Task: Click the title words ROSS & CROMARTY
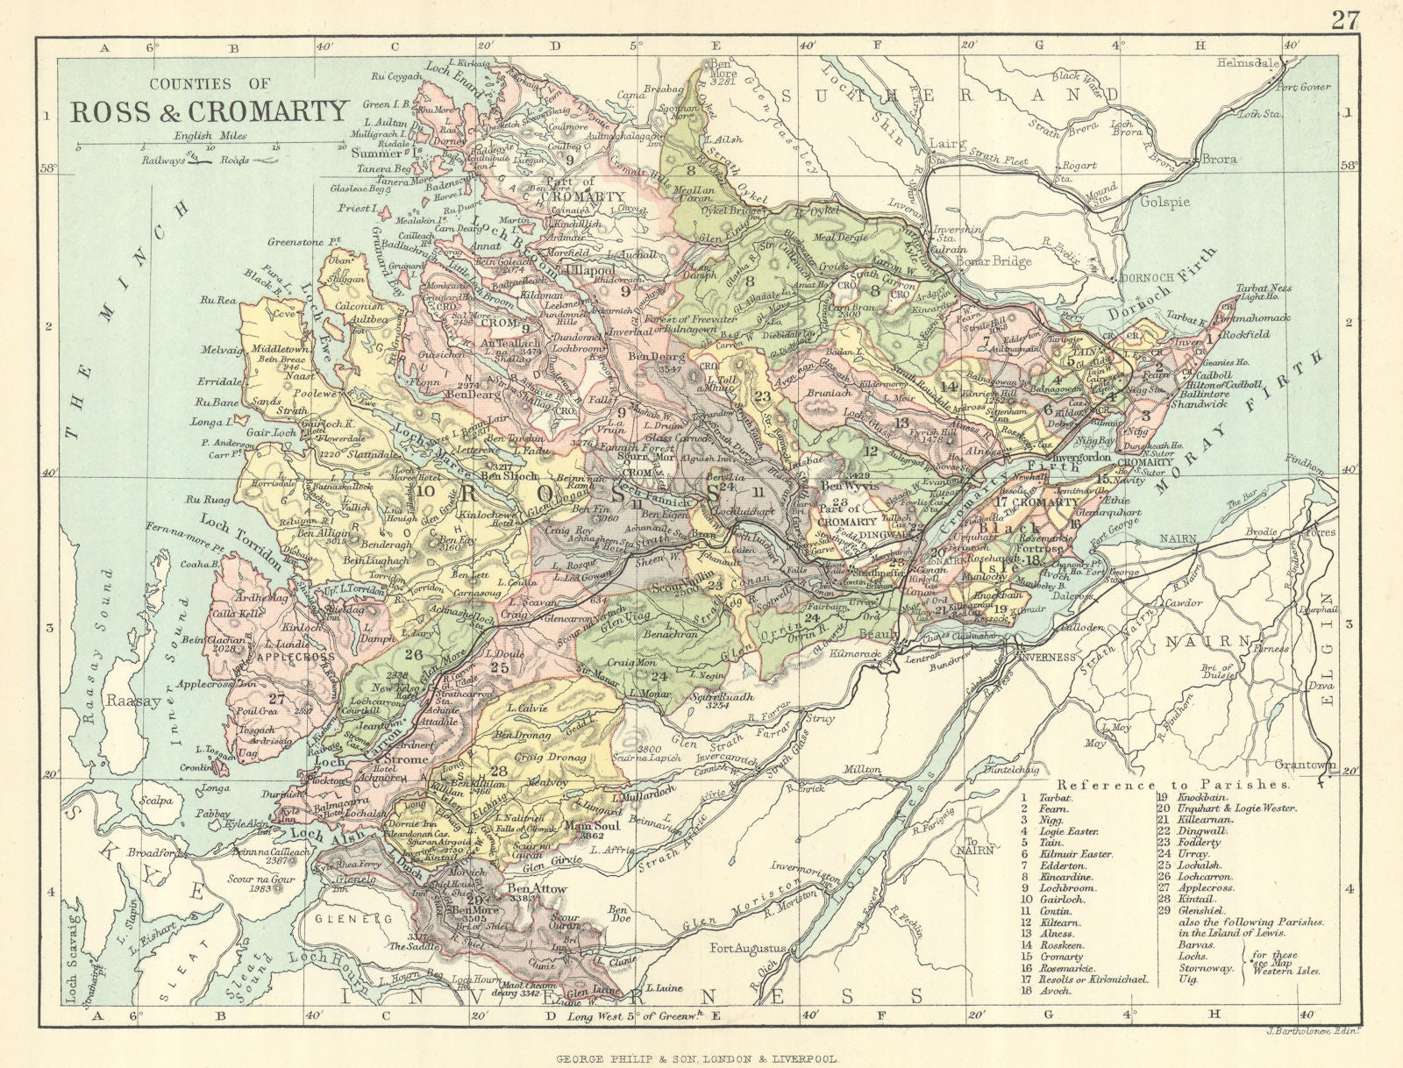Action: pyautogui.click(x=210, y=112)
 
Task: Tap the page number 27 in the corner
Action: pyautogui.click(x=1345, y=19)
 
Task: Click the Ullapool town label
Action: pyautogui.click(x=592, y=272)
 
